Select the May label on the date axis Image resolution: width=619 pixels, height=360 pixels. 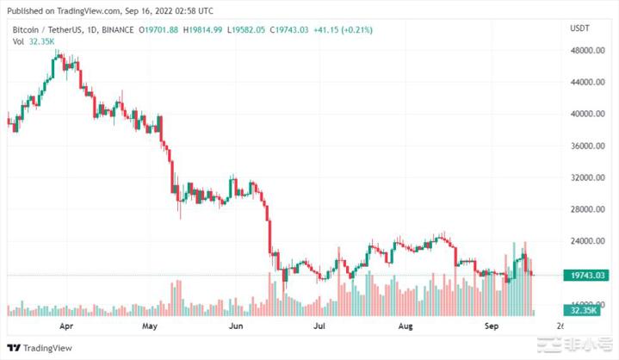[149, 327]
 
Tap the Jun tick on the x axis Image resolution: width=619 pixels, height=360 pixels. [235, 327]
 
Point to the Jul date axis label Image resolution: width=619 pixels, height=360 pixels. [319, 327]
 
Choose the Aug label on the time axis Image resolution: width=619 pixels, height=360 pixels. [405, 327]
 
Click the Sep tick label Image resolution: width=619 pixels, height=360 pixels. [492, 327]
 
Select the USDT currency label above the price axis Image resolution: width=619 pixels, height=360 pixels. [580, 28]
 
